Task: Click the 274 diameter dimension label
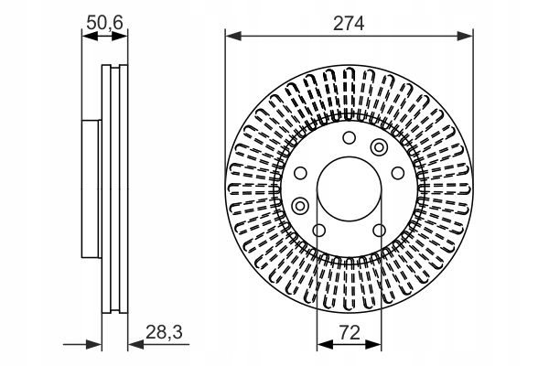click(349, 24)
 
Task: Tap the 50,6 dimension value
click(104, 23)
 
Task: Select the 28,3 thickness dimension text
click(164, 331)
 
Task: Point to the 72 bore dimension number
click(350, 332)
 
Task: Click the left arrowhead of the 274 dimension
click(233, 36)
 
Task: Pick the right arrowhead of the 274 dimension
click(465, 36)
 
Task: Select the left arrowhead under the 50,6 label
click(90, 36)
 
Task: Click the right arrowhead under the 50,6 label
click(120, 36)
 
